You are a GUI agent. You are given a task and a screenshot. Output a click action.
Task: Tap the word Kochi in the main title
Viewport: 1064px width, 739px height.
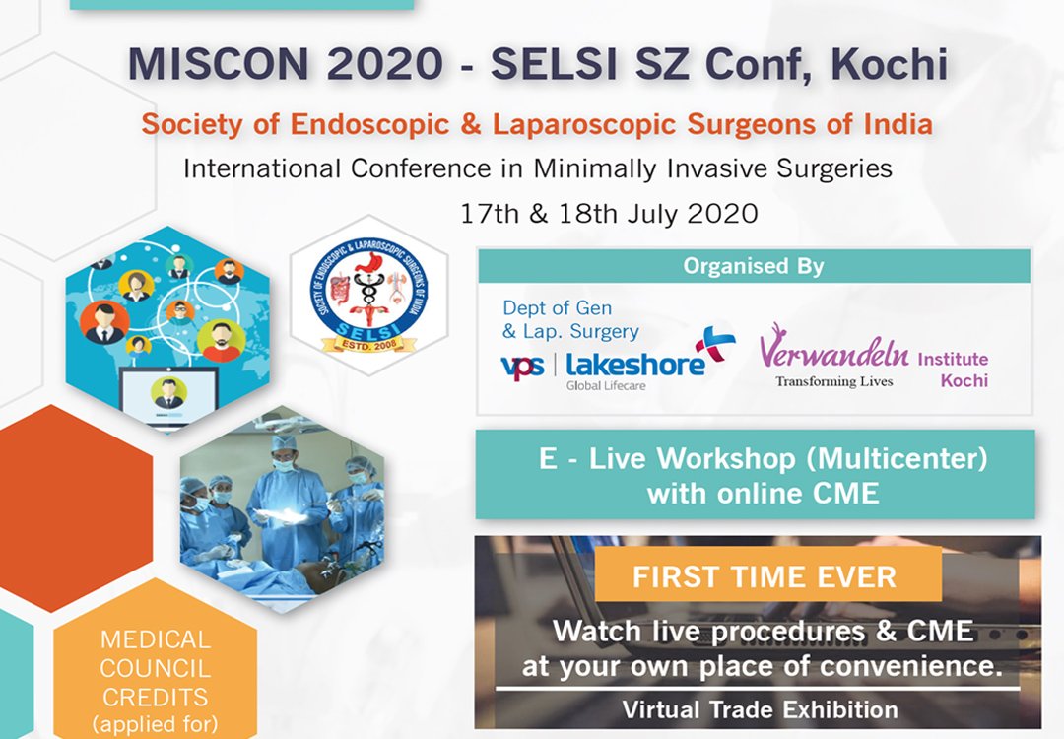pos(890,65)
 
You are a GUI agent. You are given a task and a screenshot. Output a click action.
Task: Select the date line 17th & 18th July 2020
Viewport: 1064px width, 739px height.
pos(609,213)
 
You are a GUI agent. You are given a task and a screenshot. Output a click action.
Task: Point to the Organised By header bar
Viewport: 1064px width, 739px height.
pos(754,266)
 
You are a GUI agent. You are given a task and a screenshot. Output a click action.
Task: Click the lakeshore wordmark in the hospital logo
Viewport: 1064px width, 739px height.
pos(635,364)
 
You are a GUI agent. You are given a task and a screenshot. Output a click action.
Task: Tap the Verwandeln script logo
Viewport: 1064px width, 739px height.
pos(833,351)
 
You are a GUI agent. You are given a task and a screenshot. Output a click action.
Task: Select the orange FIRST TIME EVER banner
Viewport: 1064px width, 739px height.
pos(765,576)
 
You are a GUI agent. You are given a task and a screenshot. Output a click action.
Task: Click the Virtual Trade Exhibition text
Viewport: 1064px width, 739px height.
pos(760,709)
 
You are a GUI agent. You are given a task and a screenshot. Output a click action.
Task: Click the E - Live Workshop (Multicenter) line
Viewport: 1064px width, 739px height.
pos(763,459)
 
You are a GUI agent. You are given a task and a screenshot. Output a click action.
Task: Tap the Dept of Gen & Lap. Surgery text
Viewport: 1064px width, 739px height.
pos(570,320)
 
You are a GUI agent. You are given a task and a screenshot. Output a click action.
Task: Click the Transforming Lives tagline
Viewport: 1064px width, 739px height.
pos(833,381)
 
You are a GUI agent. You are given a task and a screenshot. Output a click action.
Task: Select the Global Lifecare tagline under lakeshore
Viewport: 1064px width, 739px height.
pos(606,386)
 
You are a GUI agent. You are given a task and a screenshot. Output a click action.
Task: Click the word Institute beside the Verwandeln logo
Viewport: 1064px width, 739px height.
pos(952,360)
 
